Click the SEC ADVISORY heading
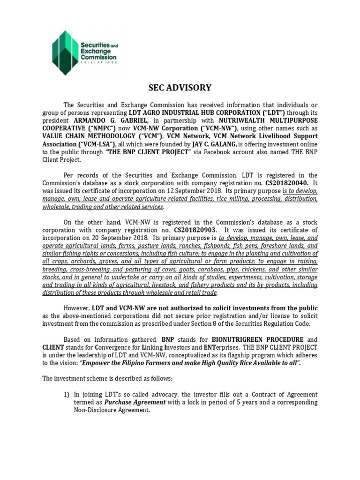[x=180, y=88]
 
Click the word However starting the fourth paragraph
[x=76, y=308]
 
